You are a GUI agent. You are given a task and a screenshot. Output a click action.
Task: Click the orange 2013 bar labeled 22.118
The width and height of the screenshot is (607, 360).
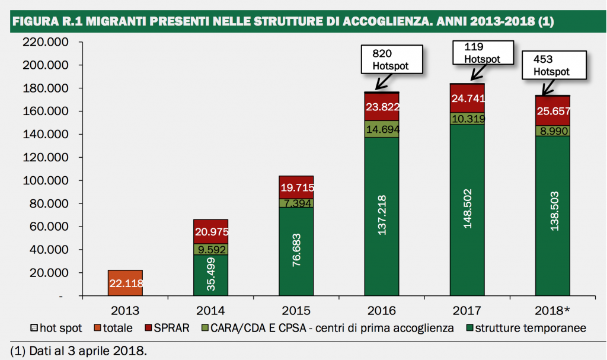pyautogui.click(x=125, y=283)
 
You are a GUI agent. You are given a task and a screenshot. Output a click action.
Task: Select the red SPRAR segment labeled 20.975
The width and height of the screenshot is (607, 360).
pyautogui.click(x=210, y=231)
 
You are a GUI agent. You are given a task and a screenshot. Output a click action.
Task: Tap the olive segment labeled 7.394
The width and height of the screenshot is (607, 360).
pyautogui.click(x=296, y=203)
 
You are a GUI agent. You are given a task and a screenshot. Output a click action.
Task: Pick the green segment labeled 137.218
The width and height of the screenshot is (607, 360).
pyautogui.click(x=382, y=216)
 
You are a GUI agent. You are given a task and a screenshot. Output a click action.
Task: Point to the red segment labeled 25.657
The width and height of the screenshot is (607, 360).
pyautogui.click(x=552, y=111)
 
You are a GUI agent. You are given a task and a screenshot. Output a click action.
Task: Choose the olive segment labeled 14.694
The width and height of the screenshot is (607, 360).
pyautogui.click(x=382, y=129)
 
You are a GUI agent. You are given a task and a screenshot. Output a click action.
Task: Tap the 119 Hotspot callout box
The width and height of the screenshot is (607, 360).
pyautogui.click(x=482, y=53)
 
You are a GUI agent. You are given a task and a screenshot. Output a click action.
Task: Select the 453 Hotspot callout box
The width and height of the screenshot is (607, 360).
pyautogui.click(x=551, y=65)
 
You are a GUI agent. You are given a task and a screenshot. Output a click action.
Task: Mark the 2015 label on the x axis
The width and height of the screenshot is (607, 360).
pyautogui.click(x=296, y=310)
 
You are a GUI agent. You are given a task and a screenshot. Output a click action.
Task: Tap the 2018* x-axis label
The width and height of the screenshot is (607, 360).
pyautogui.click(x=552, y=310)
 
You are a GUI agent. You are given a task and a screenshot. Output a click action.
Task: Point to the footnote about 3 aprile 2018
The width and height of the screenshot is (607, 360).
pyautogui.click(x=78, y=350)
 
